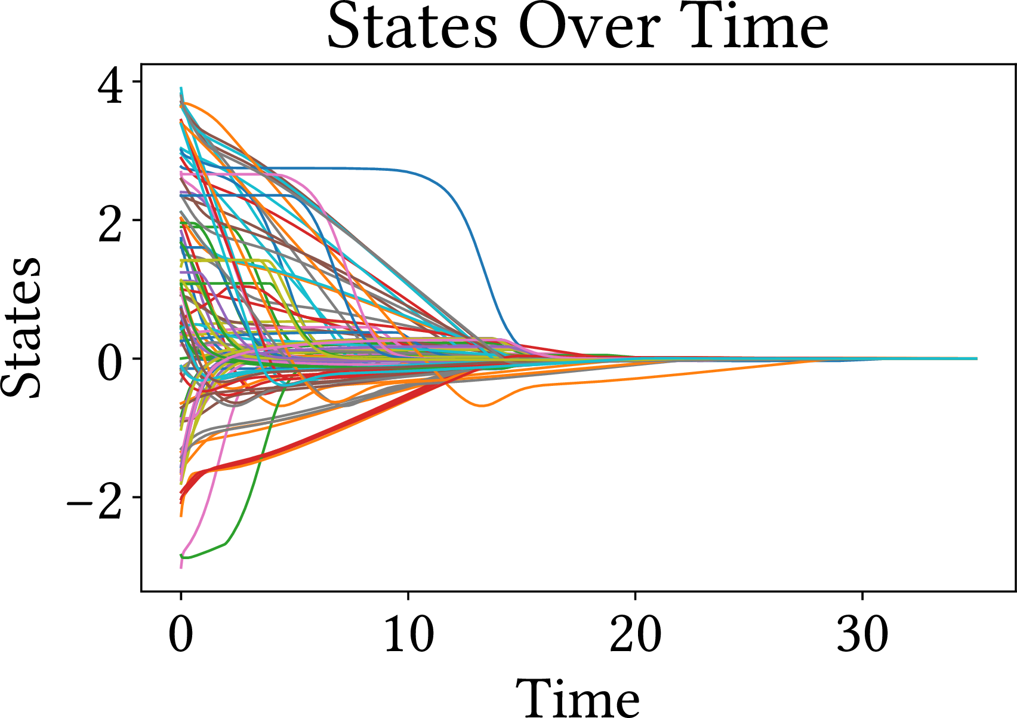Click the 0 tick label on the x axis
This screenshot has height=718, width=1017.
(x=181, y=634)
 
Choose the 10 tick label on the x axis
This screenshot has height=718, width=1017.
(x=408, y=634)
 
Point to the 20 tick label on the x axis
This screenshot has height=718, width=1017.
(x=635, y=634)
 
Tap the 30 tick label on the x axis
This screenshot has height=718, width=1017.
(x=862, y=634)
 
